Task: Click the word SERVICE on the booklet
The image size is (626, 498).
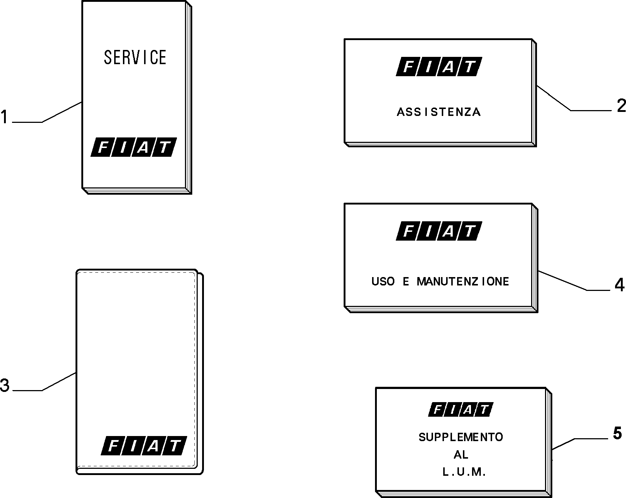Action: [135, 57]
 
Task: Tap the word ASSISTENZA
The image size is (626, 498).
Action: [439, 112]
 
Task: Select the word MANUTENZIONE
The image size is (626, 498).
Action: [463, 281]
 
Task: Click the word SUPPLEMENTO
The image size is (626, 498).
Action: [461, 437]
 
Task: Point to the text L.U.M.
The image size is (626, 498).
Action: [464, 472]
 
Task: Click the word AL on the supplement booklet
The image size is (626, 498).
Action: [461, 455]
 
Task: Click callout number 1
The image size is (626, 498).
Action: [4, 117]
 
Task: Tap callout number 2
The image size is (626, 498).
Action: [621, 106]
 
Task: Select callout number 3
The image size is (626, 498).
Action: [4, 386]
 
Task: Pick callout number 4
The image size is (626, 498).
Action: [619, 285]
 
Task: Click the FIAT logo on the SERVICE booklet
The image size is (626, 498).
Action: [134, 147]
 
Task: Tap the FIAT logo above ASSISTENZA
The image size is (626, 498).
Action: [439, 67]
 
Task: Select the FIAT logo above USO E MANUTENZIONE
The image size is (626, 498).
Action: [439, 231]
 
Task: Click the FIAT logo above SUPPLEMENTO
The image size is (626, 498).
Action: [461, 409]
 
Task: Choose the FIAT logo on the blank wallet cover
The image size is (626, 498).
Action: [144, 446]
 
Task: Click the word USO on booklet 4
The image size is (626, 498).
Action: [383, 281]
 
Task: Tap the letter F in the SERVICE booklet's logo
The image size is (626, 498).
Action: [103, 147]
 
